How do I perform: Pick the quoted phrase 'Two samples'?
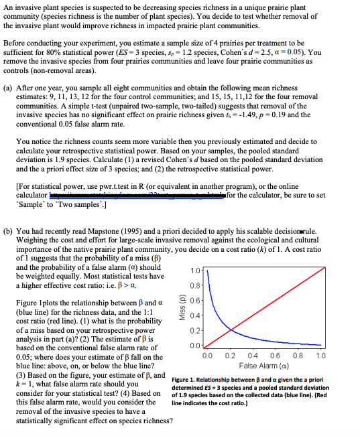coord(80,203)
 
